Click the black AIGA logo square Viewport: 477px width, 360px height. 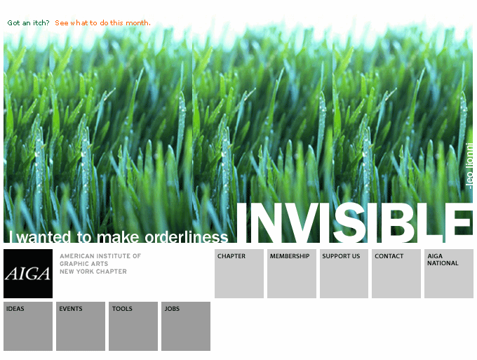click(28, 274)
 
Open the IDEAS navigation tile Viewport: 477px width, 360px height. click(28, 326)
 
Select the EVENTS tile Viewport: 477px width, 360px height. click(81, 326)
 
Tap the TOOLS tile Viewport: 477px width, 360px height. click(133, 326)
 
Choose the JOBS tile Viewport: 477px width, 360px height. click(186, 326)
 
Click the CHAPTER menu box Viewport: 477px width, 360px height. click(239, 274)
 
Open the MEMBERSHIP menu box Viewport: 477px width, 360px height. click(292, 274)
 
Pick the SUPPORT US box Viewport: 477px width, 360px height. click(344, 274)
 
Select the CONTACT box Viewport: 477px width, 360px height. click(396, 274)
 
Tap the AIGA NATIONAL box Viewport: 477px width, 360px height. click(449, 274)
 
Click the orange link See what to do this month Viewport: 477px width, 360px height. click(102, 23)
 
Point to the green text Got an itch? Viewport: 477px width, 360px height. click(28, 23)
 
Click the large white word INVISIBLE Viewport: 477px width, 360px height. click(355, 222)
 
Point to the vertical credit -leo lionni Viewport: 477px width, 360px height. click(469, 166)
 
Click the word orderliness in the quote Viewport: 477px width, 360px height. click(186, 237)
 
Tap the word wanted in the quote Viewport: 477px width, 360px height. click(43, 237)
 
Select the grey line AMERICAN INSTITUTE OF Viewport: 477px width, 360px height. click(100, 256)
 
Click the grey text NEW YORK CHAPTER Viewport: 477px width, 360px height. click(93, 272)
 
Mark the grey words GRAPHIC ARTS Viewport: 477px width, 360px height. click(84, 264)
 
